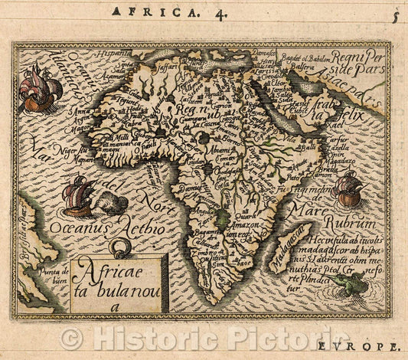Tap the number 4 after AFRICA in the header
click(195, 13)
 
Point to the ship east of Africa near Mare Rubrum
click(348, 188)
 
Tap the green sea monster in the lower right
click(345, 284)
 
